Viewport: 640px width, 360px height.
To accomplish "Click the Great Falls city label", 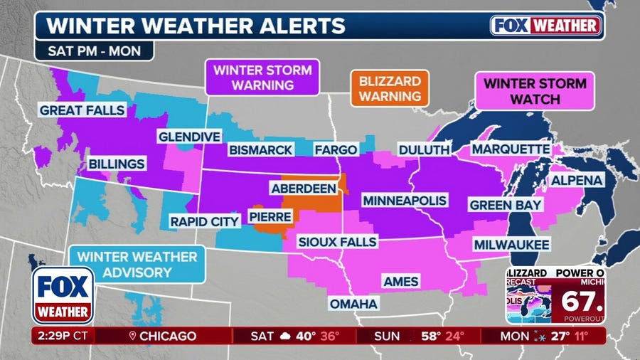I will click(82, 110).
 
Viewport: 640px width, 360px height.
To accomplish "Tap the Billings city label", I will click(117, 164).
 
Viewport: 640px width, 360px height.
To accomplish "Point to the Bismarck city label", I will click(260, 150).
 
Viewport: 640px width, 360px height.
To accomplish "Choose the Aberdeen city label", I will click(303, 188).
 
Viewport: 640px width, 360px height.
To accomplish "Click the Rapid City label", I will click(204, 222).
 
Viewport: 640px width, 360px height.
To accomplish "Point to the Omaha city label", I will click(353, 304).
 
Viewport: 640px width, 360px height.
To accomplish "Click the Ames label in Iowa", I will click(402, 281).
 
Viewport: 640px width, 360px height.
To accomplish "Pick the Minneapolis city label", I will click(404, 201).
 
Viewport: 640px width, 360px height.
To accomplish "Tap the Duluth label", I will click(424, 150).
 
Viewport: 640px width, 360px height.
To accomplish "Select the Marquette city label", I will click(511, 149).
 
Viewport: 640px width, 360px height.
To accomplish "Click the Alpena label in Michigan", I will click(577, 180).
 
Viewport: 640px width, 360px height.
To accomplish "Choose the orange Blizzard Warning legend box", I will click(389, 88).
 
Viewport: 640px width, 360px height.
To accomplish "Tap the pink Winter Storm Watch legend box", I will click(535, 91).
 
